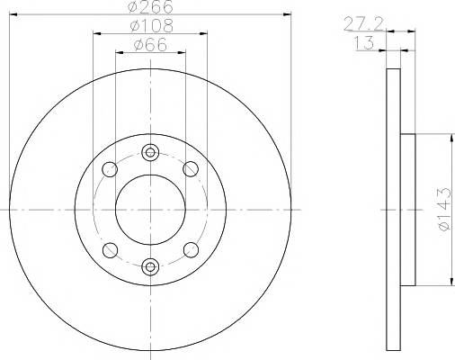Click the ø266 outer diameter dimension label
coord(150,6)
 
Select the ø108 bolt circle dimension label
coord(152,26)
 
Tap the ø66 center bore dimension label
coord(150,45)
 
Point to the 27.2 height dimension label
coord(363,24)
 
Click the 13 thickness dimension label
coord(364,43)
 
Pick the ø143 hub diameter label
coord(444,209)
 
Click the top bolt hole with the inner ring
coord(150,152)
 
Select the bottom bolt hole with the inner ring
coord(150,266)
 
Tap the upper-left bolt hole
coord(110,169)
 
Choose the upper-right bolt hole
coord(191,169)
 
